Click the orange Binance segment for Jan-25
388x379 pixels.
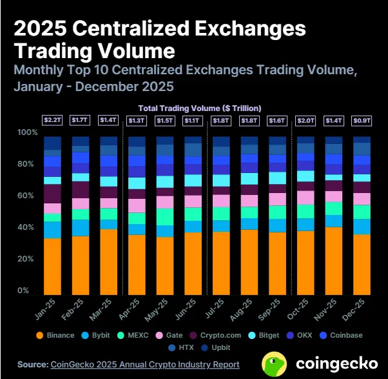[52, 266]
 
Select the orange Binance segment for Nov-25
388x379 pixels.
[333, 261]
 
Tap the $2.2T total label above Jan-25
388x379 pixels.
[52, 120]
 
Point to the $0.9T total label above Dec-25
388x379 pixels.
[362, 120]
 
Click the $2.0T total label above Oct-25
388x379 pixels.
[305, 120]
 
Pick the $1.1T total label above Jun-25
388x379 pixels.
[193, 120]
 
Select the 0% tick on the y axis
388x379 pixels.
[24, 291]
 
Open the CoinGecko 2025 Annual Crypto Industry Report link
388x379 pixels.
[144, 365]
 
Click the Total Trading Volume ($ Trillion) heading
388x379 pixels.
[200, 108]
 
